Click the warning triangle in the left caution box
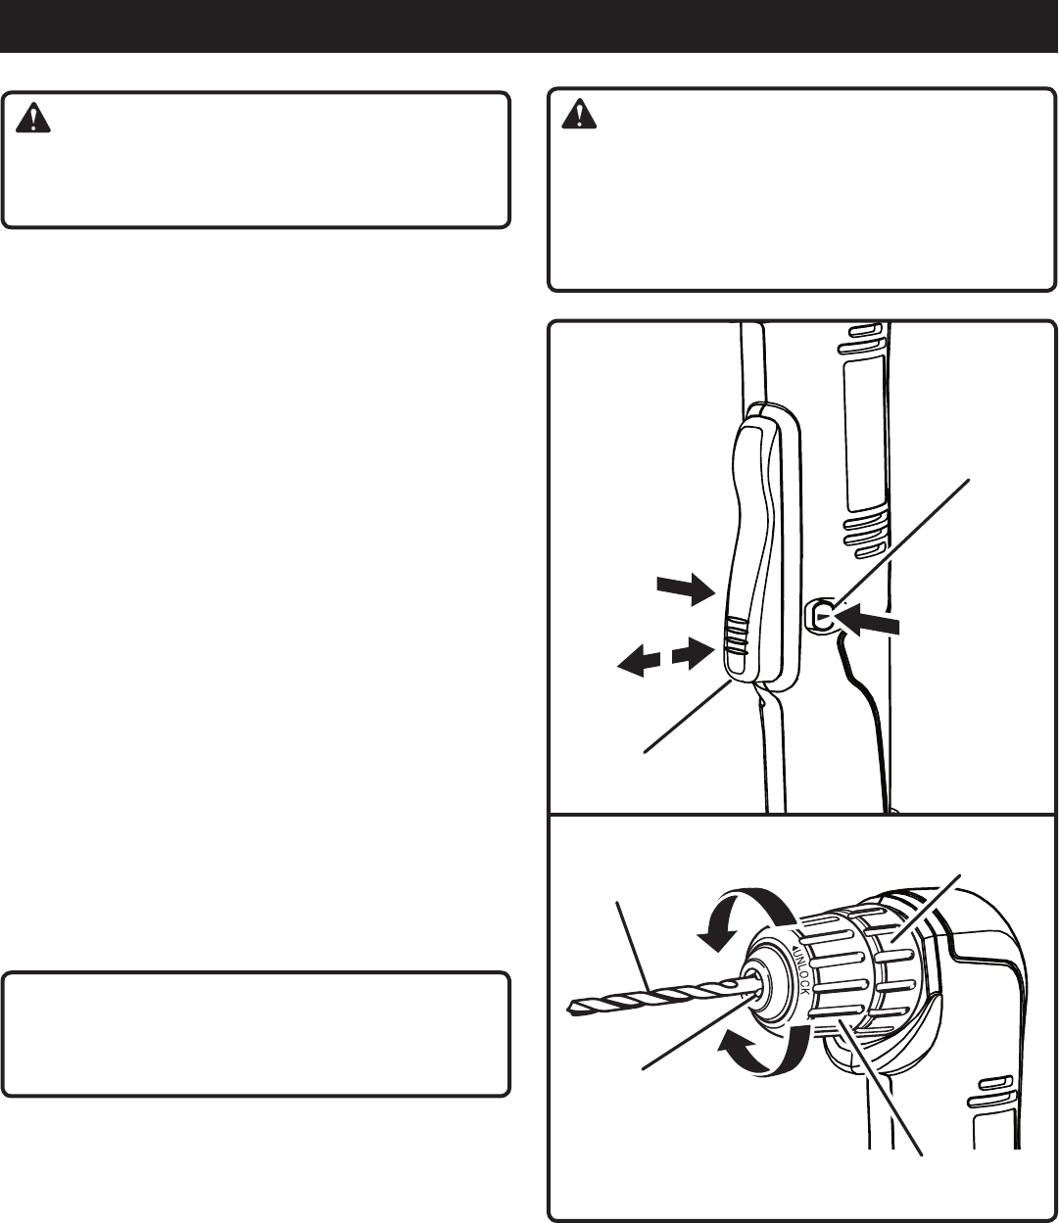point(34,119)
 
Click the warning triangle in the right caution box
point(579,116)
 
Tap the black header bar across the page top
point(529,26)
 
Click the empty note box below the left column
point(256,1033)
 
